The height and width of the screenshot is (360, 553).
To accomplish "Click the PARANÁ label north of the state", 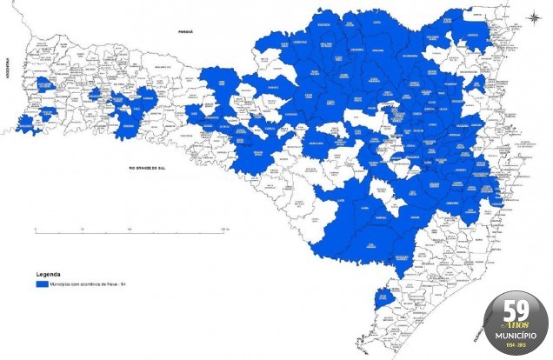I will point(184,30).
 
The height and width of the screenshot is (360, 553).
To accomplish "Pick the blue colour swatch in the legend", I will point(41,283).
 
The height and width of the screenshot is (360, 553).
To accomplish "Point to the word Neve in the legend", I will point(110,283).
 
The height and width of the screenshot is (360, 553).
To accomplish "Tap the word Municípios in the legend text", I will point(61,283).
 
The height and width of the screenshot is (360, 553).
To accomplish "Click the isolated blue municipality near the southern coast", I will point(381,300).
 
